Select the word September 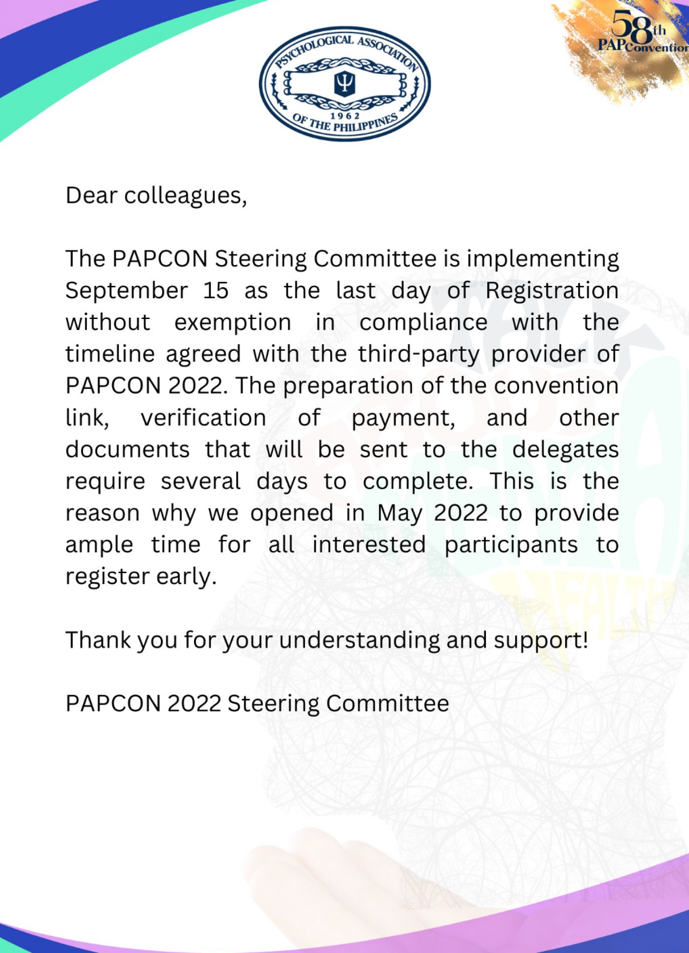coord(127,291)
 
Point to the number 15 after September coord(216,290)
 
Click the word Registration coord(552,291)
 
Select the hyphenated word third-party coord(418,355)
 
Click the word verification coord(203,418)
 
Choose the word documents coord(127,449)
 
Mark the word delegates coord(565,450)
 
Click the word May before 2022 coord(400,514)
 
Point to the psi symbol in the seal coord(344,83)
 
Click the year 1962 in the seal coord(345,116)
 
